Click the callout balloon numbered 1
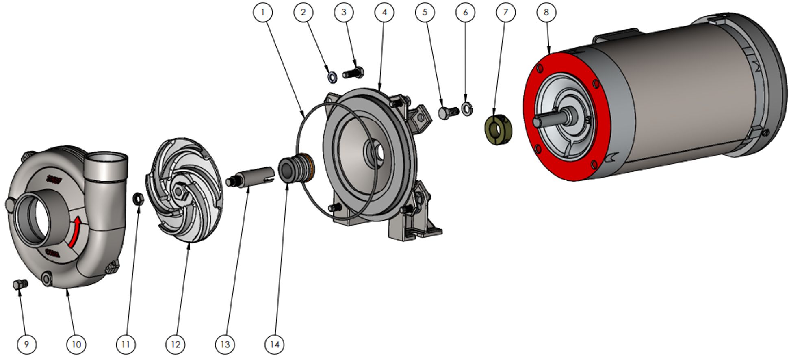tap(262, 12)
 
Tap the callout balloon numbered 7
tap(505, 12)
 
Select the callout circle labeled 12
tap(175, 345)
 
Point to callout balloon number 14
tap(275, 345)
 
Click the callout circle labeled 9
tap(26, 345)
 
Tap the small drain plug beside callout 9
tap(20, 284)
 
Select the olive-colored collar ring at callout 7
tap(499, 130)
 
